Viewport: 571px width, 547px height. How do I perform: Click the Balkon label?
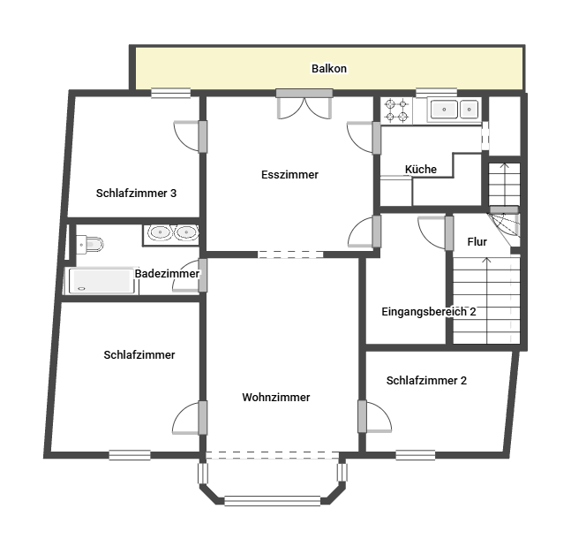(x=329, y=69)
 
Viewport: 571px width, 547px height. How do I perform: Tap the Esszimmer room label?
(x=289, y=175)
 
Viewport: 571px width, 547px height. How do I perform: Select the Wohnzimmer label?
(x=276, y=397)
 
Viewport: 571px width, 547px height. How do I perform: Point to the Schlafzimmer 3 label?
(x=136, y=193)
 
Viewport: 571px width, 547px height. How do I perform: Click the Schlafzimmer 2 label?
(x=426, y=380)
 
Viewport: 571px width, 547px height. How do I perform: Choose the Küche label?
(x=421, y=169)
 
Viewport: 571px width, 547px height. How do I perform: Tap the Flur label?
(x=477, y=242)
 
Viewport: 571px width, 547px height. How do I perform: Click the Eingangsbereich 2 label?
(x=429, y=312)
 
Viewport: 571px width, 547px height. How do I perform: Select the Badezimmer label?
(x=167, y=274)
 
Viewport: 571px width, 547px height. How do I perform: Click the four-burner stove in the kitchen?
(x=396, y=110)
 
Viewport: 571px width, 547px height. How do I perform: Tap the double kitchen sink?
(x=455, y=109)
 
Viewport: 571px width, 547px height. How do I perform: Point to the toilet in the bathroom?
(x=90, y=244)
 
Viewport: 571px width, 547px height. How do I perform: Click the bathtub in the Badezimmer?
(x=101, y=281)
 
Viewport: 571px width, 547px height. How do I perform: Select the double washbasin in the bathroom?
(x=171, y=232)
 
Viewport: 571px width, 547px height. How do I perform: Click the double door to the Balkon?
(x=304, y=104)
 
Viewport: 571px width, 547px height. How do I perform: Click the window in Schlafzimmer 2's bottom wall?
(x=416, y=455)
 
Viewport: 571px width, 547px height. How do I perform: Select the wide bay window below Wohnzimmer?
(x=273, y=501)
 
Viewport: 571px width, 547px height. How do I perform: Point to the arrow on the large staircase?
(x=487, y=300)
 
